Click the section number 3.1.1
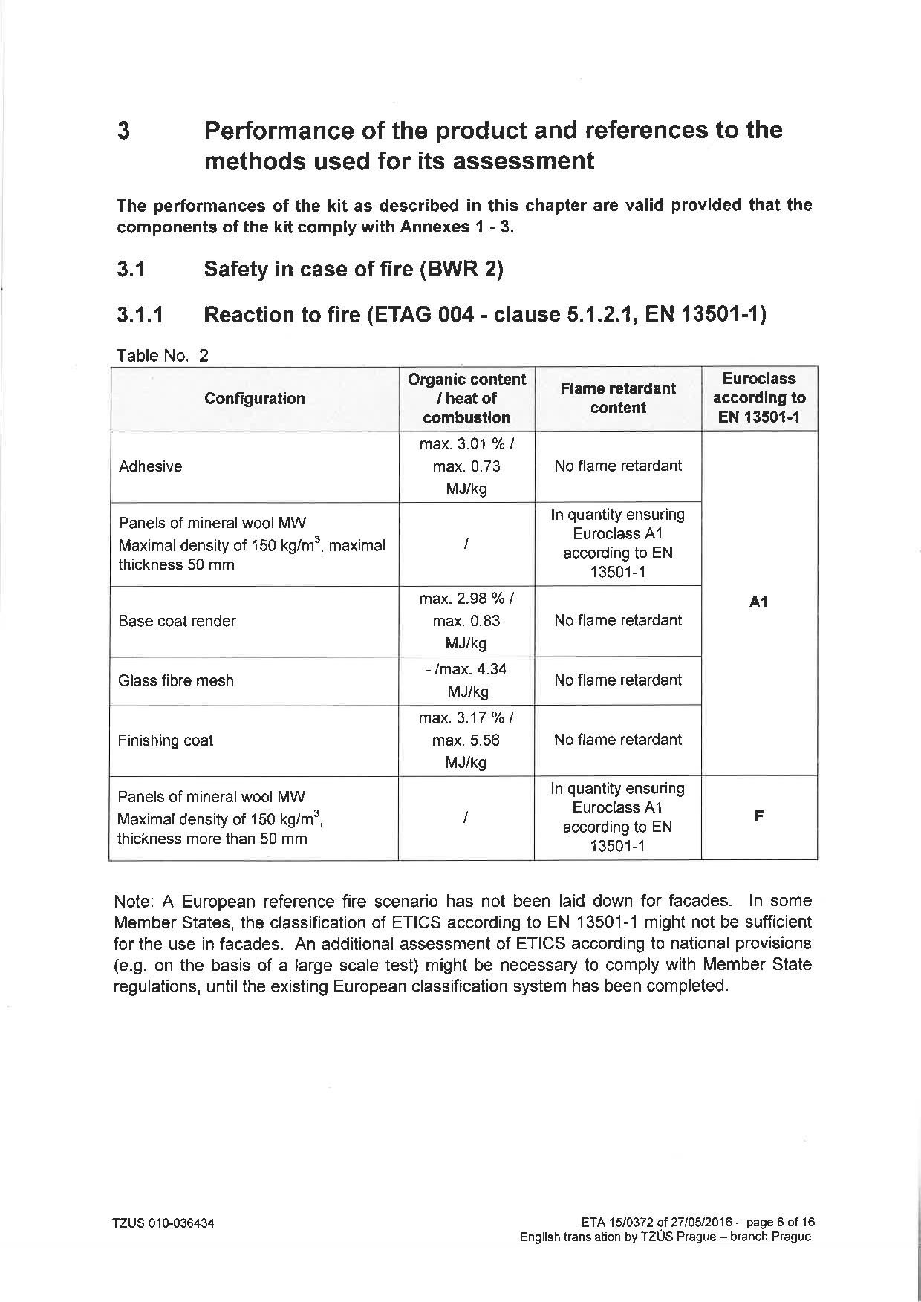(140, 315)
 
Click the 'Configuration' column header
(254, 399)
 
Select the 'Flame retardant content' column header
(618, 398)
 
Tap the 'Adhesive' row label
(150, 466)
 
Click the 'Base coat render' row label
(177, 621)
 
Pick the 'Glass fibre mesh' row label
(176, 680)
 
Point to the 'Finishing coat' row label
(166, 740)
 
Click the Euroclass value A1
(758, 602)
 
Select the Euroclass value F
(758, 816)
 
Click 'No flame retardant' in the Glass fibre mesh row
(618, 680)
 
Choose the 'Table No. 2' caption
(163, 355)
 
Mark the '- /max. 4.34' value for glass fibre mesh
(466, 669)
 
